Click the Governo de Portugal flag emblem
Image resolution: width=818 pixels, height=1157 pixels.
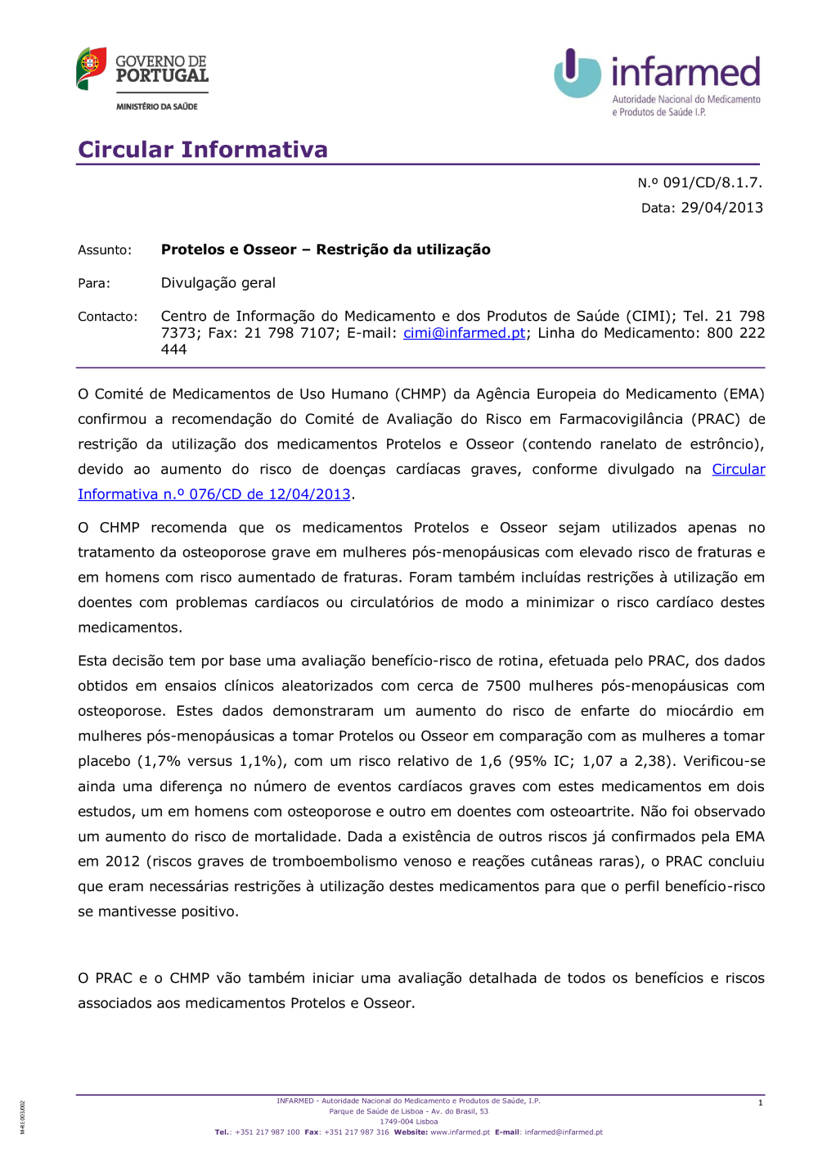(x=92, y=68)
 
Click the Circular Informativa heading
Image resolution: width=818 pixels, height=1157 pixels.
(x=203, y=150)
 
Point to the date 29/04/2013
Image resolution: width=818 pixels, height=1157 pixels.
(x=721, y=208)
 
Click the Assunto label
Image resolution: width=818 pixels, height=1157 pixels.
(x=105, y=250)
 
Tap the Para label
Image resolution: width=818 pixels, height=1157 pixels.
(x=94, y=284)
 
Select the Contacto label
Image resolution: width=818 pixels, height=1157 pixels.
(x=108, y=317)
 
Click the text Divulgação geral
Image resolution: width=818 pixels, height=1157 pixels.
(x=218, y=283)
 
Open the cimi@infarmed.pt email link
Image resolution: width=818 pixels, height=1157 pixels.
(x=464, y=333)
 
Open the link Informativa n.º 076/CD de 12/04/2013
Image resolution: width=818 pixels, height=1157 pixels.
(x=214, y=494)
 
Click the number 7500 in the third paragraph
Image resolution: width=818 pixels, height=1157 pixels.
(x=503, y=686)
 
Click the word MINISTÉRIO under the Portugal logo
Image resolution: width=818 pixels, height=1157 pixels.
(x=137, y=106)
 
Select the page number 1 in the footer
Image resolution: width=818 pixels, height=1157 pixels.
(x=760, y=1103)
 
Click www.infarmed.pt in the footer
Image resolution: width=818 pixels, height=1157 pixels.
(x=460, y=1132)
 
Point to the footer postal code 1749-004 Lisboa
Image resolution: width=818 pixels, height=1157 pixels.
(x=408, y=1122)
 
